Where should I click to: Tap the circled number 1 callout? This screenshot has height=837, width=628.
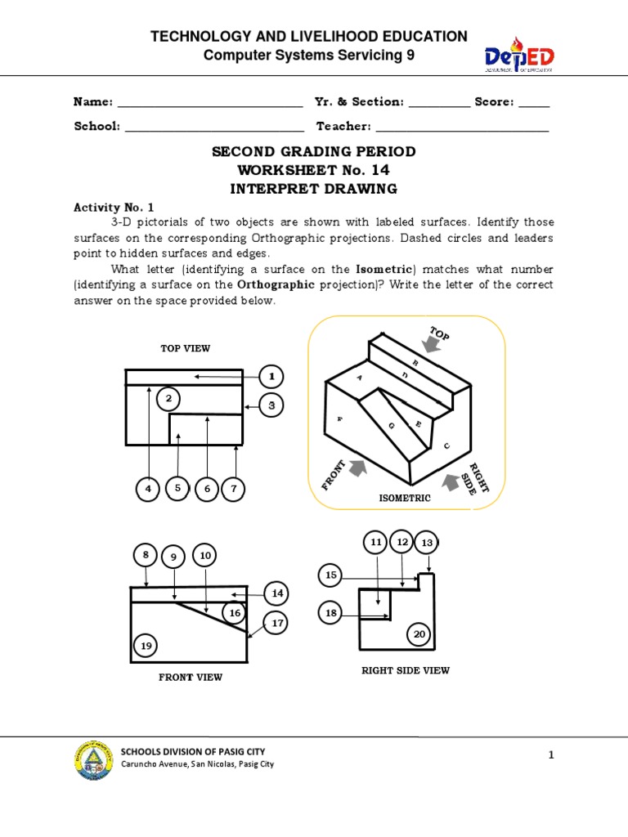pyautogui.click(x=271, y=377)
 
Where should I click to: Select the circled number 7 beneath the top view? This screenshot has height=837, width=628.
pyautogui.click(x=233, y=489)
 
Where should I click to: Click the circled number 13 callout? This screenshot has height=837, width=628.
pyautogui.click(x=427, y=544)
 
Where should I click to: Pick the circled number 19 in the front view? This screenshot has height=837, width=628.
pyautogui.click(x=146, y=647)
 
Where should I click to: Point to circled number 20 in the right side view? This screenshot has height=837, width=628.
pyautogui.click(x=419, y=634)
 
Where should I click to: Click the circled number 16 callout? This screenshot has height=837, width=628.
pyautogui.click(x=235, y=612)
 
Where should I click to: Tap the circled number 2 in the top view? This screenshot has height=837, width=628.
pyautogui.click(x=168, y=399)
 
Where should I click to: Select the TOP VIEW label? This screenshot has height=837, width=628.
pyautogui.click(x=185, y=348)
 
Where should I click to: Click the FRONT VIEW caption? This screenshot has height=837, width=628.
pyautogui.click(x=191, y=677)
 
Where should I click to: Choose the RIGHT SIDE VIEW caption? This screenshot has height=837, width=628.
pyautogui.click(x=406, y=670)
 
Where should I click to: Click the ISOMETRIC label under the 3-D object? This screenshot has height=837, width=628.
pyautogui.click(x=404, y=498)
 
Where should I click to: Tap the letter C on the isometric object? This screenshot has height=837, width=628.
pyautogui.click(x=446, y=446)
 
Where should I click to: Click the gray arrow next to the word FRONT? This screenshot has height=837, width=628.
pyautogui.click(x=357, y=468)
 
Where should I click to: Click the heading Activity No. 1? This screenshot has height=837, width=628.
pyautogui.click(x=108, y=208)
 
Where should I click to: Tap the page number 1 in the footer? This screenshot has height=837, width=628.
pyautogui.click(x=551, y=756)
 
